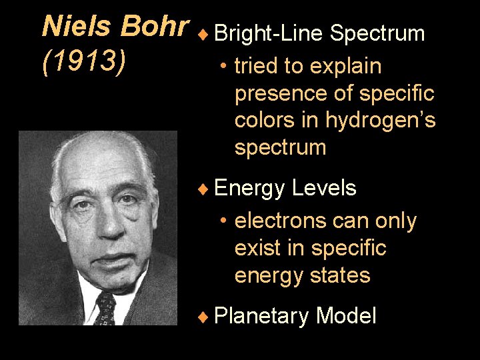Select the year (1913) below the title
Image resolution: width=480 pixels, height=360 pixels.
(x=84, y=62)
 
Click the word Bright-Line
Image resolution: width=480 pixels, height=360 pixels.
(x=269, y=33)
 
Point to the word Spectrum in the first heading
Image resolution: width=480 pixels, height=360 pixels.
(x=377, y=33)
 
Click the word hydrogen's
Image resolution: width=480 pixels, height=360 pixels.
(x=381, y=121)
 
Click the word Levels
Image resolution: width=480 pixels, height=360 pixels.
(x=324, y=189)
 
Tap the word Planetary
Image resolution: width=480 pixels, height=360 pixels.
(x=263, y=315)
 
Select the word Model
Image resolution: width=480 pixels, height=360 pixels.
(x=347, y=315)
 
